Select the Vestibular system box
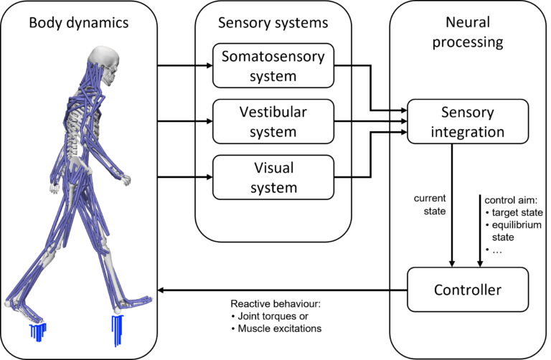(x=273, y=121)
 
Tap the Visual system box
(x=273, y=177)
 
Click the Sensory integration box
(x=467, y=122)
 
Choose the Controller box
(x=467, y=290)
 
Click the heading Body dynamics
(x=79, y=23)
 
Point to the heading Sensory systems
(x=273, y=23)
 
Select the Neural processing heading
(x=468, y=32)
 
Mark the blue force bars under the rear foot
(x=37, y=331)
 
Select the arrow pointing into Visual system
(x=205, y=177)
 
